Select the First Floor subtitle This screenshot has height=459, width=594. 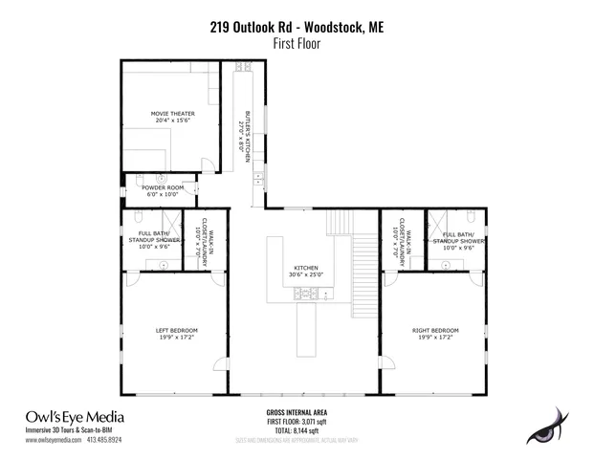pos(297,44)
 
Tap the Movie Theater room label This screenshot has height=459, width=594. pos(172,117)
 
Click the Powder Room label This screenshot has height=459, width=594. pos(161,190)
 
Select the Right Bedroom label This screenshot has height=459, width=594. pos(435,334)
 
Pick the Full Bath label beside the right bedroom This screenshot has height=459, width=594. pos(457,239)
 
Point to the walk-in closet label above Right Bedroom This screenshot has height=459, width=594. pos(399,244)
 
